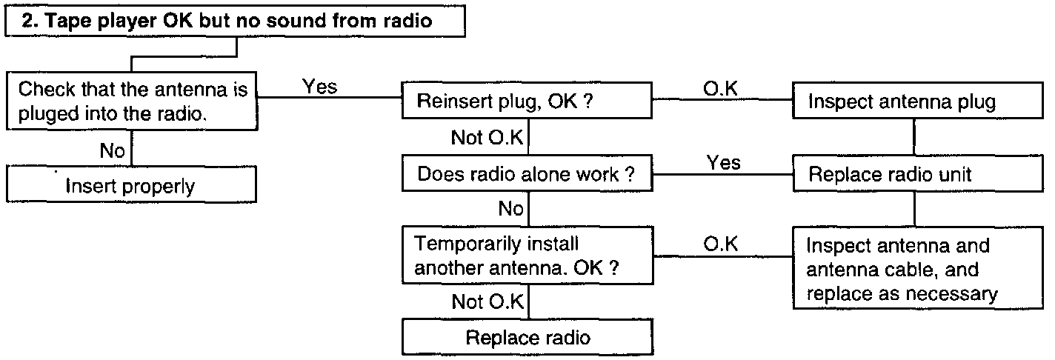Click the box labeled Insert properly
(131, 184)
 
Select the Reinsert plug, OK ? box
(527, 100)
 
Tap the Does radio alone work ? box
(527, 173)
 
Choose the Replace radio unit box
(918, 173)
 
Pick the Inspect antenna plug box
(918, 100)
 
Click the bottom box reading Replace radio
(527, 337)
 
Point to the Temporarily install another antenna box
(527, 256)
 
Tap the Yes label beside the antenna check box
(320, 87)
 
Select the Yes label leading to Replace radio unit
(723, 162)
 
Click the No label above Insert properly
(112, 151)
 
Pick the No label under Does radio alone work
(510, 208)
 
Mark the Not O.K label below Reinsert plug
(487, 138)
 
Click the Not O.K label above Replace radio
(487, 301)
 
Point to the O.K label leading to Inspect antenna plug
(720, 89)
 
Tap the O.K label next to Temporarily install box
(721, 244)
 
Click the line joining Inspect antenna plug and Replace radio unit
(914, 136)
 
